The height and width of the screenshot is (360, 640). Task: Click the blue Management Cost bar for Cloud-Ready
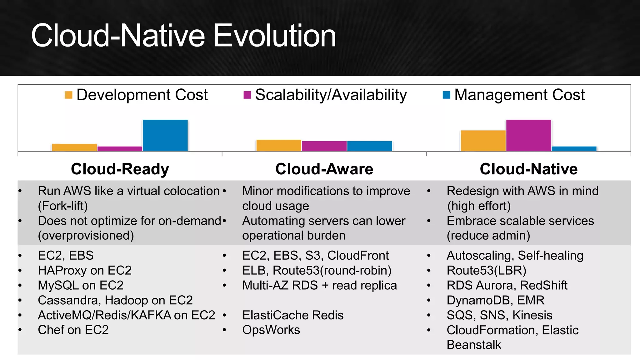click(165, 135)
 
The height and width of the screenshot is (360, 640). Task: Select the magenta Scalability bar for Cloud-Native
click(528, 135)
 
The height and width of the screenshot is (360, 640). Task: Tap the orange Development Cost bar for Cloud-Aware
click(278, 146)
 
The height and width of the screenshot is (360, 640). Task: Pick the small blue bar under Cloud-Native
click(574, 149)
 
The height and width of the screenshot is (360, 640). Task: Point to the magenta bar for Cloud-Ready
click(120, 149)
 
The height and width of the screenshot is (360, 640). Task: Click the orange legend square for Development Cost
click(68, 95)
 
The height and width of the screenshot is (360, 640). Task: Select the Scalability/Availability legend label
click(331, 95)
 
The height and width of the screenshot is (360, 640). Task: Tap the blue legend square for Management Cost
click(446, 95)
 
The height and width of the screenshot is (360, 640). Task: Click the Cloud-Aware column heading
click(324, 169)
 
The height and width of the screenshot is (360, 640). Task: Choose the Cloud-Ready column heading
click(120, 169)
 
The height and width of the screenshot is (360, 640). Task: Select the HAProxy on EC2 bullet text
click(84, 270)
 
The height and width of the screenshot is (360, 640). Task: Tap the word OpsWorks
click(271, 330)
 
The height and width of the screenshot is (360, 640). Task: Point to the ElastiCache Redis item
click(292, 315)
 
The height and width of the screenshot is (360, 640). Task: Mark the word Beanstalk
click(474, 345)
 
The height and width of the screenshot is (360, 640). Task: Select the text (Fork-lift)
click(63, 206)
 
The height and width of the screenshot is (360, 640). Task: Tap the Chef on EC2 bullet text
click(73, 330)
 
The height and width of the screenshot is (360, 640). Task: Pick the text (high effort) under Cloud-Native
click(479, 206)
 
